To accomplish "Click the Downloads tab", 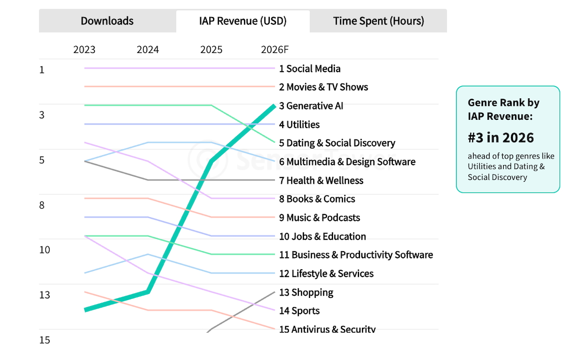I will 107,21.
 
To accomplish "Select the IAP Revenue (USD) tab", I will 243,21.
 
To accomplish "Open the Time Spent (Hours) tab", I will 378,21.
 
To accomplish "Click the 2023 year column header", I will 84,50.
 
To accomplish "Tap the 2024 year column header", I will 148,50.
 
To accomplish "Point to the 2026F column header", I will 275,50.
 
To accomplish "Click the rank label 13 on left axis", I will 44,295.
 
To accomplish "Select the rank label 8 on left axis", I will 42,205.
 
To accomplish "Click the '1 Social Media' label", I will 310,69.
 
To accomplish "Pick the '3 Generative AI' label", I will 311,106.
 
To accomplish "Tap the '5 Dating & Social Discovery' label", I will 337,143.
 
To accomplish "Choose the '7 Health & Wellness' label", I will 321,180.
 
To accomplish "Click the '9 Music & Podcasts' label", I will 319,218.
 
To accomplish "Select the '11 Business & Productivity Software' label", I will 356,255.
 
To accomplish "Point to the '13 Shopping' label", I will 306,292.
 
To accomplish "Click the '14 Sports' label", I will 299,311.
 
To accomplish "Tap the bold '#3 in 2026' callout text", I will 500,138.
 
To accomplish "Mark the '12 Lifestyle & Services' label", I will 326,274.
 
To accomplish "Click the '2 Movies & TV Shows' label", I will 324,87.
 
